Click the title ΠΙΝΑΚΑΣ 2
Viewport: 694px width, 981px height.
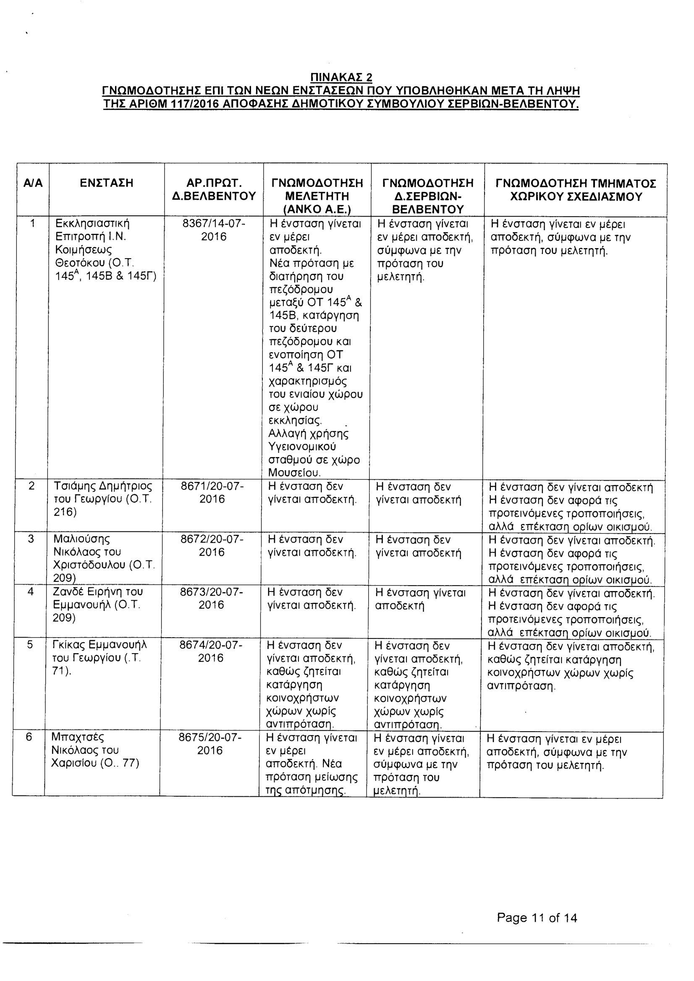point(341,77)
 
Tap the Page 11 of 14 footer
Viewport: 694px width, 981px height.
point(537,917)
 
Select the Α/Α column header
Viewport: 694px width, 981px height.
point(33,183)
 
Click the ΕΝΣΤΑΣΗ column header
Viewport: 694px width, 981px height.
point(106,183)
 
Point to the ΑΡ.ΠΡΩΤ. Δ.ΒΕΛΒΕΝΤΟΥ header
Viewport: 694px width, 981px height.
point(214,190)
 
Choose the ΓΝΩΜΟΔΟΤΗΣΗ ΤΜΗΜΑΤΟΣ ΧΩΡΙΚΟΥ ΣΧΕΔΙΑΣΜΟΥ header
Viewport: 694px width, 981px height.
point(576,190)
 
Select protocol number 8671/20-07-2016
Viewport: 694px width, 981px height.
point(212,493)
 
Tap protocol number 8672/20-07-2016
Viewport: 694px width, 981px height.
point(212,546)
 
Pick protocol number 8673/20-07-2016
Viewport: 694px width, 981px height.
point(211,598)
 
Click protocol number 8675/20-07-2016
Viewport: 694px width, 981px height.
point(210,744)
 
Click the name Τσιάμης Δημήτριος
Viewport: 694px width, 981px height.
point(102,486)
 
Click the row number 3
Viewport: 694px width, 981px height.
point(30,539)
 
